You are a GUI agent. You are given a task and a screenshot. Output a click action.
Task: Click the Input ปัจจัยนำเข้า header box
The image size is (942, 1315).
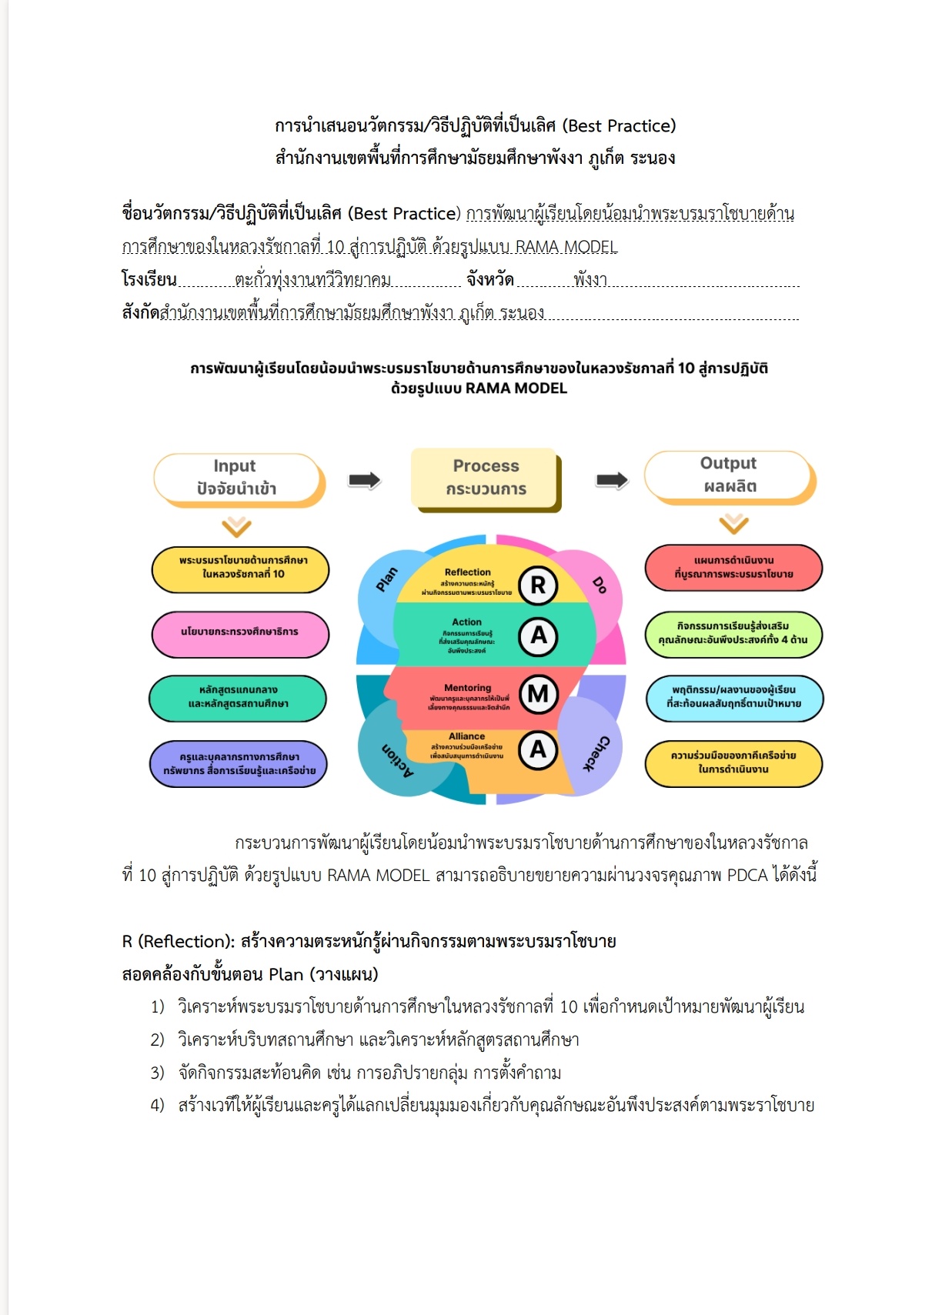click(x=237, y=478)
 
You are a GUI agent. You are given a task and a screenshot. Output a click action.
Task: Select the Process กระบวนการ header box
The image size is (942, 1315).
click(x=485, y=478)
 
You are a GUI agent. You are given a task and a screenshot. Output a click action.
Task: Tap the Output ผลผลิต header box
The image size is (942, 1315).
click(x=728, y=475)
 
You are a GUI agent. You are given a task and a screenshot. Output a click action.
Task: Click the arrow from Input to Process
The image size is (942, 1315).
click(x=364, y=480)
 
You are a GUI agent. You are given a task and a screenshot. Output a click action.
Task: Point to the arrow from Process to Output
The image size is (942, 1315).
click(x=612, y=480)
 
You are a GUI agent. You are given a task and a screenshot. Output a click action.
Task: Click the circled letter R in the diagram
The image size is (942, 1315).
click(x=538, y=586)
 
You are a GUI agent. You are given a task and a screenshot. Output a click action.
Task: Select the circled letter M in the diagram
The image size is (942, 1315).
click(x=538, y=694)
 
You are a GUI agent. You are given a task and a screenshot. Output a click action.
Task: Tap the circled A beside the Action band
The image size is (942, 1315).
click(x=538, y=636)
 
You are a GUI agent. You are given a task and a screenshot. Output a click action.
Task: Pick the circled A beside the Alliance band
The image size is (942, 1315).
click(x=538, y=749)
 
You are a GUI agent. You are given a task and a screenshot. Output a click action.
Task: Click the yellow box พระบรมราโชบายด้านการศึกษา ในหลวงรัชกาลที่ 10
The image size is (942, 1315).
click(x=241, y=568)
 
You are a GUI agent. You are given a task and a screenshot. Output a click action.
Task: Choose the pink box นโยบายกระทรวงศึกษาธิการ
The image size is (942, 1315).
click(x=240, y=632)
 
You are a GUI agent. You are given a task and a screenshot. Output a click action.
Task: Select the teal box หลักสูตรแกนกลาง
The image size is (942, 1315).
click(x=238, y=697)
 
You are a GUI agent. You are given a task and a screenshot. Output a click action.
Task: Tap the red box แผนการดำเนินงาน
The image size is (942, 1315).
click(x=733, y=568)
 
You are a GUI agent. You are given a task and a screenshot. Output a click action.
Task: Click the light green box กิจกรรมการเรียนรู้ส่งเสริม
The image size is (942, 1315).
click(x=733, y=633)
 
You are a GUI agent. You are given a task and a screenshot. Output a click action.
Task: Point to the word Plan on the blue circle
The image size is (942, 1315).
click(x=387, y=579)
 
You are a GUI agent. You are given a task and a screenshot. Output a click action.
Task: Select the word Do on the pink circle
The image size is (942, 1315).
click(x=600, y=586)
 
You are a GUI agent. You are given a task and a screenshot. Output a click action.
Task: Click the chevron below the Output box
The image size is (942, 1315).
click(x=733, y=524)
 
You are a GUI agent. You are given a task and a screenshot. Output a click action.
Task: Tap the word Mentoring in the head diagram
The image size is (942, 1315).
click(x=467, y=688)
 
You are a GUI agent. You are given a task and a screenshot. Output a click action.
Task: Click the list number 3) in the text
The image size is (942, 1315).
click(x=158, y=1073)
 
